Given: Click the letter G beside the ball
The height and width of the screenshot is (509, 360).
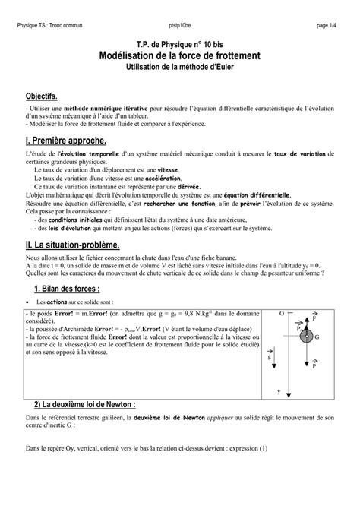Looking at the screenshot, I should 317,337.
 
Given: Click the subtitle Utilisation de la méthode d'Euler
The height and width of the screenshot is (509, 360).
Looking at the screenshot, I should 179,68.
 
